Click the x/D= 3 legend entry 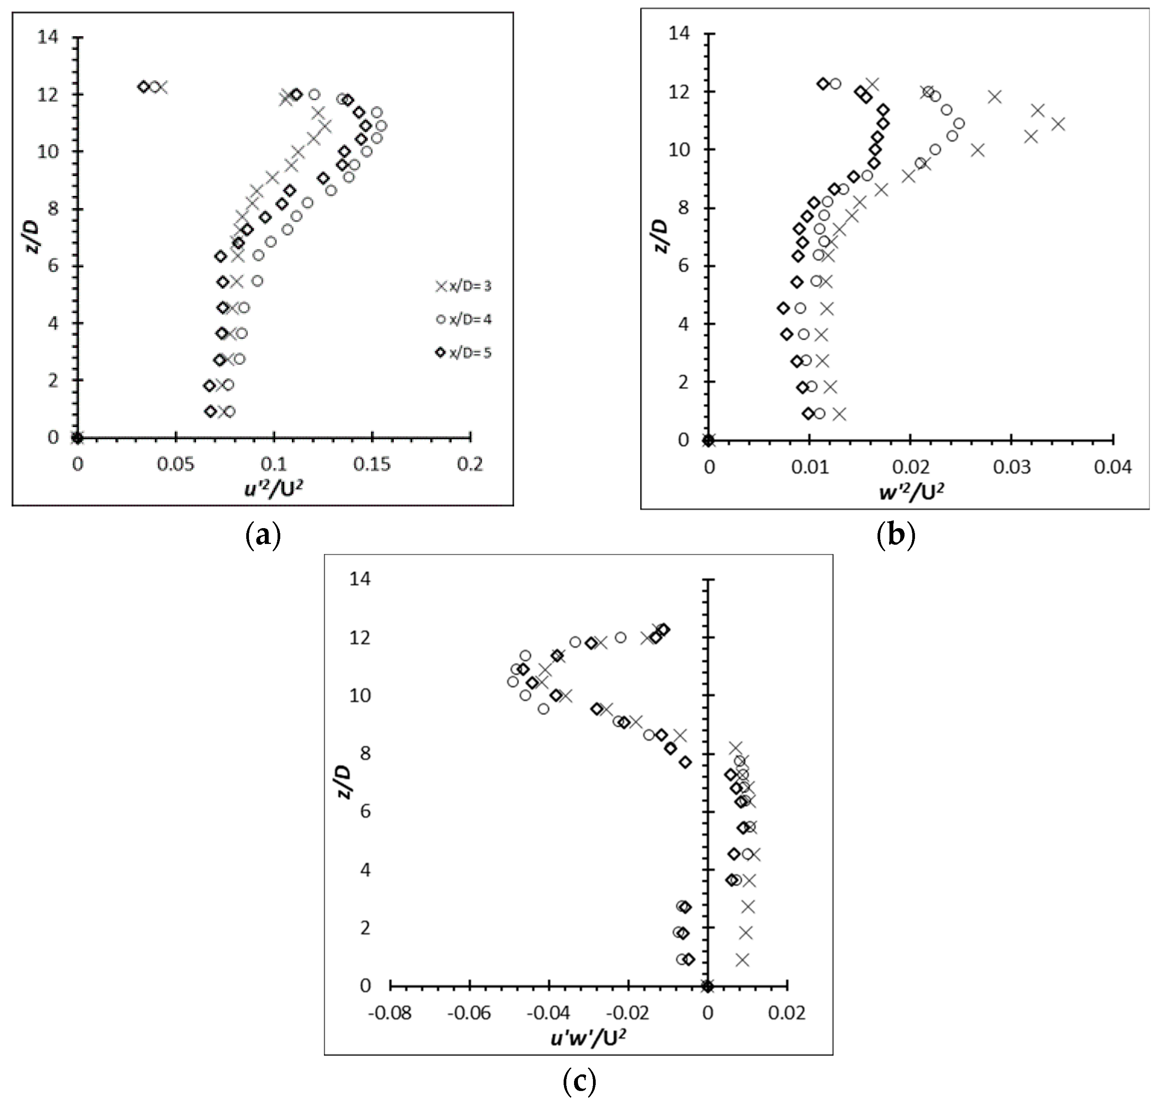pyautogui.click(x=464, y=286)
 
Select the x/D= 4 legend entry pyautogui.click(x=464, y=319)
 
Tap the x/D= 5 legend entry pyautogui.click(x=464, y=353)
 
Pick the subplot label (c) pyautogui.click(x=579, y=1081)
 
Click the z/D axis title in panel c pyautogui.click(x=344, y=782)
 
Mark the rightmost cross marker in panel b pyautogui.click(x=1058, y=124)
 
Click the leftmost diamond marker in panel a pyautogui.click(x=143, y=87)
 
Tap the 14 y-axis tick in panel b pyautogui.click(x=680, y=33)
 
